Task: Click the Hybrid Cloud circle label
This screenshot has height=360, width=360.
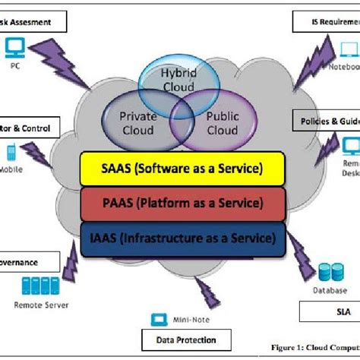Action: click(x=178, y=80)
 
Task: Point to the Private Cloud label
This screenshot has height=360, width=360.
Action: click(x=139, y=123)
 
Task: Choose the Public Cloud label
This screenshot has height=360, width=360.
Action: click(x=223, y=122)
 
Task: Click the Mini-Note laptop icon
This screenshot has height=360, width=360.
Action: click(x=159, y=319)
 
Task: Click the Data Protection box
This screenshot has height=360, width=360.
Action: click(x=182, y=340)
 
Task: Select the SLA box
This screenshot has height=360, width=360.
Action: click(x=327, y=311)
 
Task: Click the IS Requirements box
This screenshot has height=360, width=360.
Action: click(x=327, y=22)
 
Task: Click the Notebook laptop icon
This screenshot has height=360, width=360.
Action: click(x=348, y=50)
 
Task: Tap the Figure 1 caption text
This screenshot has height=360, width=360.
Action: click(x=314, y=348)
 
